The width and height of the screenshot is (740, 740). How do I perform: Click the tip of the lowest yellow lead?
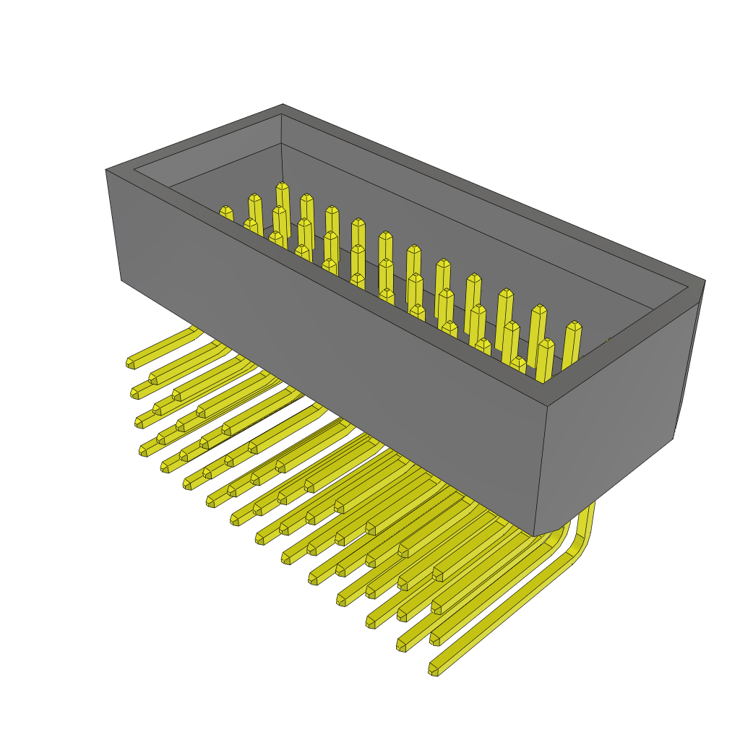pos(434,670)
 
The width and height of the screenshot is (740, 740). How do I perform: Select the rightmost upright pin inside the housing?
pos(573,327)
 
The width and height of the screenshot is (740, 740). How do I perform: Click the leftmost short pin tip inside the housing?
pos(226,211)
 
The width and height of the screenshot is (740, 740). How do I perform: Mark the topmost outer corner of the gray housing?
pos(283,106)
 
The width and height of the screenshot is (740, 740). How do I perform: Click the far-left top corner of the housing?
pos(107,171)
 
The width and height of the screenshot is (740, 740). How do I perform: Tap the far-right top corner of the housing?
pos(704,281)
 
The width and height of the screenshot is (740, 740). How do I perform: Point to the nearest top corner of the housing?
pos(547,405)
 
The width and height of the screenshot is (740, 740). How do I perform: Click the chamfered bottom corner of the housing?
pos(549,532)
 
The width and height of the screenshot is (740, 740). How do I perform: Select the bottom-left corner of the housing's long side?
pos(121,279)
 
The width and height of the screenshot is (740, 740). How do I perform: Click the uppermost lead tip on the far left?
pos(131,363)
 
